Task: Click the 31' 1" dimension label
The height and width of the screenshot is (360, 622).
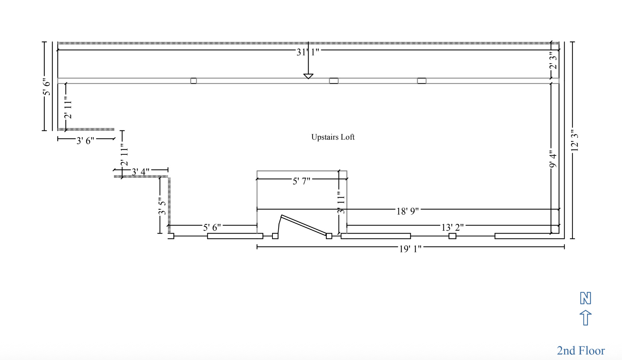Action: pyautogui.click(x=308, y=52)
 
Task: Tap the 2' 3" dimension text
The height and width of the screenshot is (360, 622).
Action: pyautogui.click(x=553, y=60)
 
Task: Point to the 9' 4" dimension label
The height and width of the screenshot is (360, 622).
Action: pyautogui.click(x=553, y=159)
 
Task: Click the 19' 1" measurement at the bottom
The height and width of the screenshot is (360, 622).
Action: pyautogui.click(x=410, y=249)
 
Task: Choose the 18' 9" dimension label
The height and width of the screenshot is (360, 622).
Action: pyautogui.click(x=407, y=211)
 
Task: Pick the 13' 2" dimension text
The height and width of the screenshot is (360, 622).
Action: pyautogui.click(x=453, y=228)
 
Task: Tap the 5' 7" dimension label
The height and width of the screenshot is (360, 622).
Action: pyautogui.click(x=301, y=181)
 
